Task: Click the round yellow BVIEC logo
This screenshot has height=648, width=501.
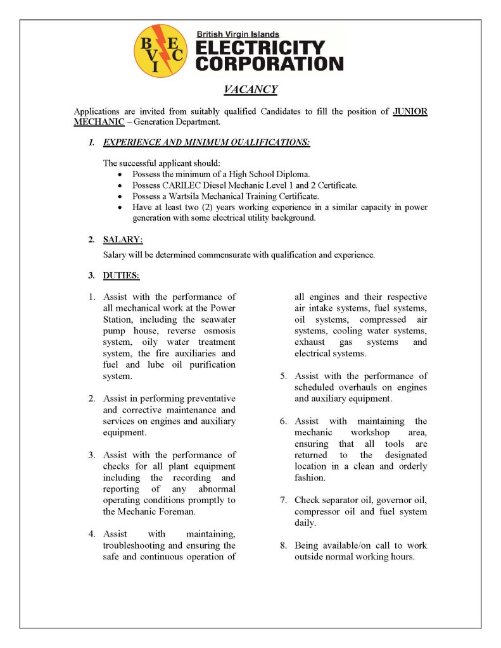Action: point(159,50)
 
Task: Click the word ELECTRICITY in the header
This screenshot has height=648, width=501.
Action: point(260,48)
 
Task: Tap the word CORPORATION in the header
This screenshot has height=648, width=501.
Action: point(269,64)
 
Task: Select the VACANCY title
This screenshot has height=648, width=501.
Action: point(251,89)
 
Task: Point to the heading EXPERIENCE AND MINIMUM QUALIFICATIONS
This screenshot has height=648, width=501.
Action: point(206,142)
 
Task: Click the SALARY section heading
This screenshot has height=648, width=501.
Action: point(123,240)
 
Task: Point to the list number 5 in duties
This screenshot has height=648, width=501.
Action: point(284,377)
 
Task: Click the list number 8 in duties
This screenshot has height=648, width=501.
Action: point(284,545)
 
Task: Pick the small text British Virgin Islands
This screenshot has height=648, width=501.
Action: point(238,34)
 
